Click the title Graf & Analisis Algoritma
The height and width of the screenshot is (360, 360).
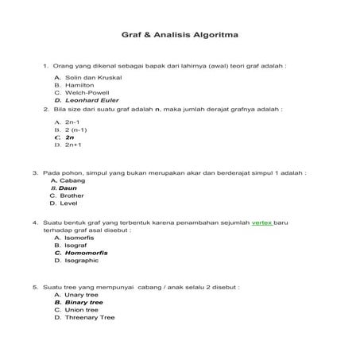179,37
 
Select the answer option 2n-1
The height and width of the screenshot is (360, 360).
73,122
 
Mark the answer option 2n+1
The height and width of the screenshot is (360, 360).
73,145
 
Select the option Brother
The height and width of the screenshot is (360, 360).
72,195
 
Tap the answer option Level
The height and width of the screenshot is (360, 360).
68,203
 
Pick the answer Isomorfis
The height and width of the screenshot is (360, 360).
82,237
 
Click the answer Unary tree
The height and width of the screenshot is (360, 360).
82,294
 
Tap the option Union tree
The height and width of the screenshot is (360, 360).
82,310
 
